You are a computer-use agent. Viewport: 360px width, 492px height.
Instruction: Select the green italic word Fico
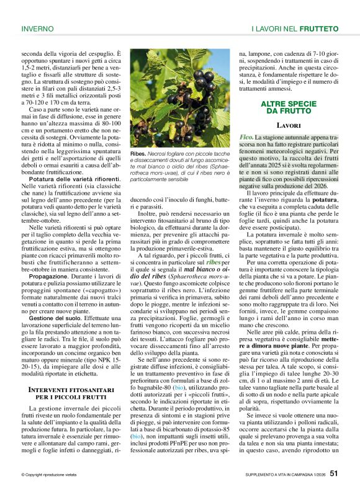pyautogui.click(x=246, y=136)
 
